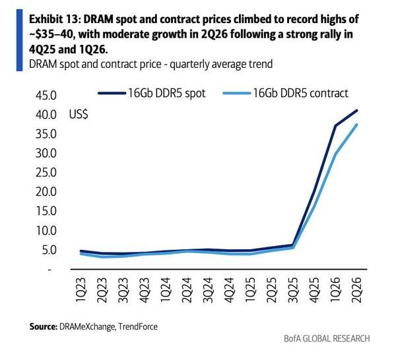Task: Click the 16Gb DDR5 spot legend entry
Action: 152,93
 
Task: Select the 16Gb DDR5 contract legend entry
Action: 286,93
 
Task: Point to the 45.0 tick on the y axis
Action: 46,96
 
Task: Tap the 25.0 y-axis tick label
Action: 46,173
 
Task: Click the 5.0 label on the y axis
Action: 49,250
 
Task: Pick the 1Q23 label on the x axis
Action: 81,290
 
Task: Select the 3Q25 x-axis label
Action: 293,290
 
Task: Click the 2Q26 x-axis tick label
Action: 357,290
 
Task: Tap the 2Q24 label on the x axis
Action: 187,290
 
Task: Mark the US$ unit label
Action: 79,115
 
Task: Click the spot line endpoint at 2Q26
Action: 356,111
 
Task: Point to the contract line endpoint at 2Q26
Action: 356,124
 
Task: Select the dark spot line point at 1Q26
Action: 335,126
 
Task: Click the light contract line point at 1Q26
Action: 335,154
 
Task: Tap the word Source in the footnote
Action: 44,326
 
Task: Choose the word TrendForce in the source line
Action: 138,326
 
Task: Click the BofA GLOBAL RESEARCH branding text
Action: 327,338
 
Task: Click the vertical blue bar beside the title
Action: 19,40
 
